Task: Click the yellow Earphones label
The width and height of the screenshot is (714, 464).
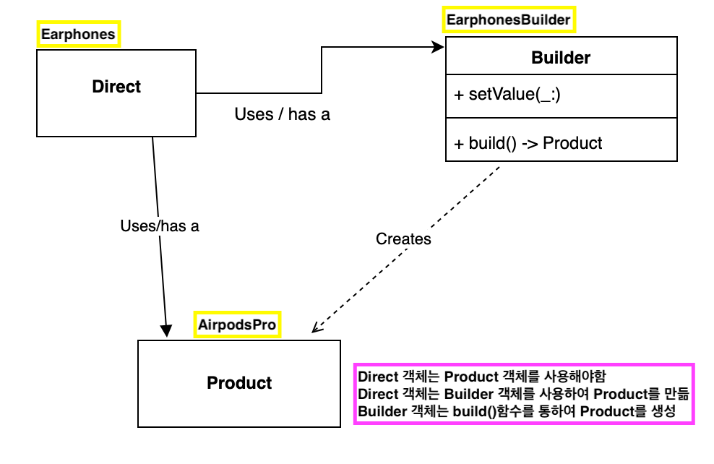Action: (x=78, y=34)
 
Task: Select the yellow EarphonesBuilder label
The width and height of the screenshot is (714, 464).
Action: (x=509, y=20)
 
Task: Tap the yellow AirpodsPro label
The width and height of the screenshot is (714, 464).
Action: (x=237, y=325)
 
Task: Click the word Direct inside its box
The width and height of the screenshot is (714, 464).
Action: (x=116, y=87)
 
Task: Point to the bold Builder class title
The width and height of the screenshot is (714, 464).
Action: (x=561, y=58)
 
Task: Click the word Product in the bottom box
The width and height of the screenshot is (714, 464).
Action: (x=239, y=383)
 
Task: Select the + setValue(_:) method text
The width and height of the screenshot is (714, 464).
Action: (x=507, y=94)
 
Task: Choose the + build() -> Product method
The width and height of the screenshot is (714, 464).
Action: (x=528, y=143)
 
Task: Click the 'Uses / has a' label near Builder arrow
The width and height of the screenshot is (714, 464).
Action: (x=283, y=114)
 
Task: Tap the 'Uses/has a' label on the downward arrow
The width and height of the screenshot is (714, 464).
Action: (x=160, y=225)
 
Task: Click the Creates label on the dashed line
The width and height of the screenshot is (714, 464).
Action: (x=403, y=239)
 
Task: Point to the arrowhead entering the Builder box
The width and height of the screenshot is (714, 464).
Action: (x=438, y=47)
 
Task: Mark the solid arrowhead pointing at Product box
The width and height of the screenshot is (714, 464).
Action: (x=166, y=330)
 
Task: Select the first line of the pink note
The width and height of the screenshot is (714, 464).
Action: (x=482, y=377)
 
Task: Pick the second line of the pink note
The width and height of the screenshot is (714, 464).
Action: (x=524, y=394)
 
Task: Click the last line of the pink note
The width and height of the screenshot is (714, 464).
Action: (x=517, y=411)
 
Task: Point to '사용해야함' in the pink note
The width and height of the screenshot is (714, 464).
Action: (x=575, y=377)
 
